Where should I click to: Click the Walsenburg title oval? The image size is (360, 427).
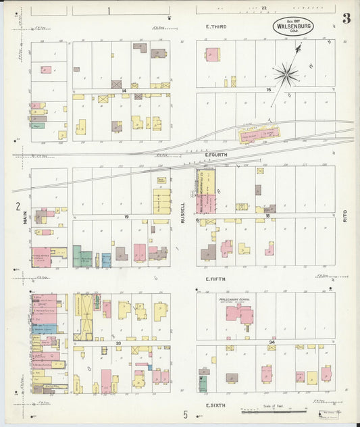coord(293,26)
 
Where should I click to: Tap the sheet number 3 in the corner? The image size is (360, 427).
coord(346,18)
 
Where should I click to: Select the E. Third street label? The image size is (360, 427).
coord(216,26)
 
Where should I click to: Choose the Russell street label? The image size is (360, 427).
coord(182,213)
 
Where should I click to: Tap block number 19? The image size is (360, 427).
coord(126,216)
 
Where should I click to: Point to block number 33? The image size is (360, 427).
coord(118,343)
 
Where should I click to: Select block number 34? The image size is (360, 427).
coord(271,343)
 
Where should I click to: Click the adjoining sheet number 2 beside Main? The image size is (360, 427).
coord(18,206)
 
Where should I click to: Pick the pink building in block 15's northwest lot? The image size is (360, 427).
coord(212,54)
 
